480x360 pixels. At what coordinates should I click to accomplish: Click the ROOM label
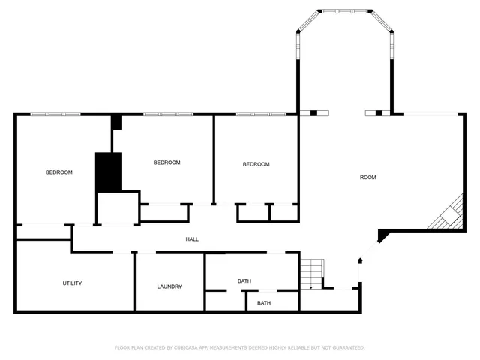[x=367, y=178]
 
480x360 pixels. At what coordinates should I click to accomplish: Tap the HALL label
[x=192, y=239]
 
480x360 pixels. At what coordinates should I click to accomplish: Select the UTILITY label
[x=72, y=283]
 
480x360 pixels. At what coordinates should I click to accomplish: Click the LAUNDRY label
[x=169, y=286]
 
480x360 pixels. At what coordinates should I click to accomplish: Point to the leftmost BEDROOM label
[x=58, y=172]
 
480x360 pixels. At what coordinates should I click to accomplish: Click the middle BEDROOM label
[x=166, y=163]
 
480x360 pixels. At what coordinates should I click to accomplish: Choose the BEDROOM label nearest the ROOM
[x=256, y=164]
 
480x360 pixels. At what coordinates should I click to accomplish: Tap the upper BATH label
[x=244, y=281]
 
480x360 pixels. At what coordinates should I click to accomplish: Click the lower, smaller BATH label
[x=264, y=303]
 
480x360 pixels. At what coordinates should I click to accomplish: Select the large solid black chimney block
[x=108, y=172]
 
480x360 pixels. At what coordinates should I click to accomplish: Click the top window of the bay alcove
[x=345, y=10]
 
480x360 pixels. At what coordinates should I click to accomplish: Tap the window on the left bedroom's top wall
[x=55, y=114]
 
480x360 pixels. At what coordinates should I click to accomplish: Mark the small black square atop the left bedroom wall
[x=115, y=123]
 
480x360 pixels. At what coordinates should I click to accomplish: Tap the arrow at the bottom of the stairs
[x=311, y=286]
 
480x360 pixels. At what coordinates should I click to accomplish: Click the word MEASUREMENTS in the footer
[x=232, y=348]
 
